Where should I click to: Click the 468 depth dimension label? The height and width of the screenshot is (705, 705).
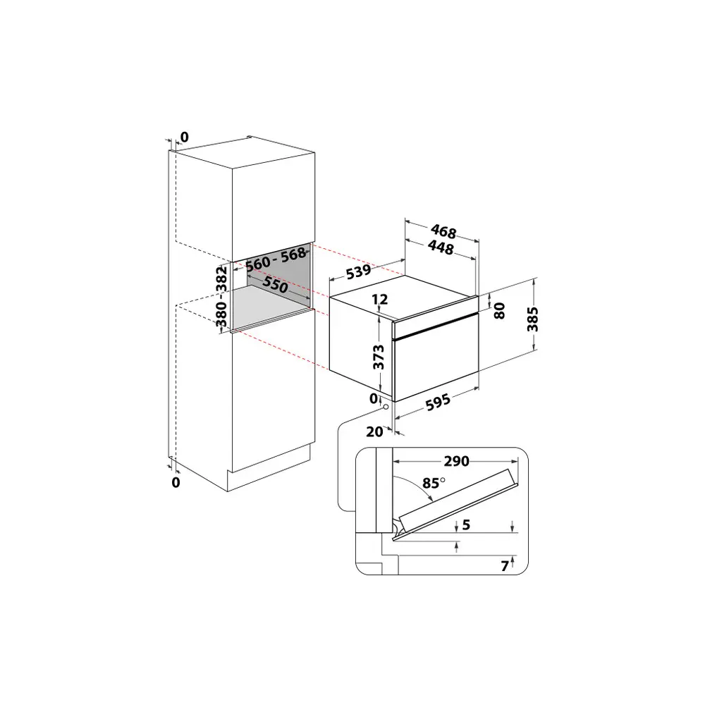443,231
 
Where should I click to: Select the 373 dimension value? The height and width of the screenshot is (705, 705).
379,357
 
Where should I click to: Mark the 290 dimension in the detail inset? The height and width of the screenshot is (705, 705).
456,462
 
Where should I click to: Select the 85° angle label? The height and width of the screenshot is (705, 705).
433,484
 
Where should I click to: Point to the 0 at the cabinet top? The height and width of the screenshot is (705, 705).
184,137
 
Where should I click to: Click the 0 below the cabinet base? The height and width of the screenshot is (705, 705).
176,482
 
